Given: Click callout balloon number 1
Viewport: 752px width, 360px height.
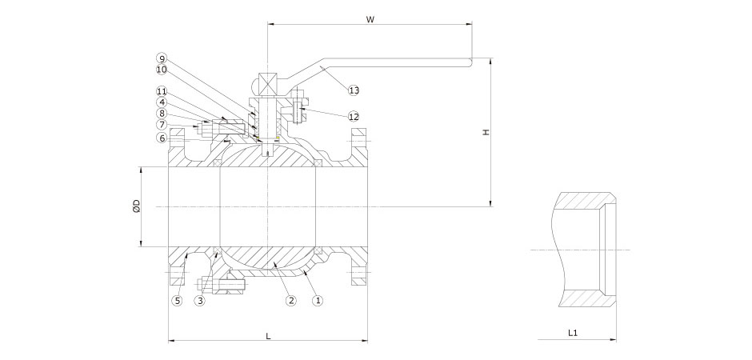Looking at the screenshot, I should pyautogui.click(x=318, y=302).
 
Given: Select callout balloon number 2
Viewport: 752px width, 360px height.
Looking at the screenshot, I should pyautogui.click(x=291, y=302).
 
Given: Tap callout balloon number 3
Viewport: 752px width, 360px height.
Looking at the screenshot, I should pyautogui.click(x=200, y=302).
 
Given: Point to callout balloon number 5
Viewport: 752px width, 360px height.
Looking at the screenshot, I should pyautogui.click(x=178, y=302).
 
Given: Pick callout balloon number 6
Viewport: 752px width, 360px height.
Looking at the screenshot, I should pyautogui.click(x=162, y=138).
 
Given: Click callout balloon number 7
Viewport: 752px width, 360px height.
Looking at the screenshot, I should pyautogui.click(x=162, y=125).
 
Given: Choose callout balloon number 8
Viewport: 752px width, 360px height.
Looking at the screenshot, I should pyautogui.click(x=162, y=114).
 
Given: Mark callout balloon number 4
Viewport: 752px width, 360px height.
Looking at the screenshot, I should pyautogui.click(x=162, y=102).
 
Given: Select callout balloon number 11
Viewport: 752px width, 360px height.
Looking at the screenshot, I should pyautogui.click(x=162, y=91).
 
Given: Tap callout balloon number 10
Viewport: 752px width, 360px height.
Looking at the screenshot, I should pyautogui.click(x=162, y=70).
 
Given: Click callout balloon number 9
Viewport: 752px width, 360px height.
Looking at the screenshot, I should pyautogui.click(x=162, y=58).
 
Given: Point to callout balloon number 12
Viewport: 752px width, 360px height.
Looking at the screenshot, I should pyautogui.click(x=354, y=117).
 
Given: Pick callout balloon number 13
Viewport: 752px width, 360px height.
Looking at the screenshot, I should pyautogui.click(x=354, y=90).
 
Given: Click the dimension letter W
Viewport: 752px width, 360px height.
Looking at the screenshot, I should pyautogui.click(x=370, y=19).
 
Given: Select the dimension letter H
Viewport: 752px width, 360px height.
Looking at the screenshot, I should pyautogui.click(x=485, y=132).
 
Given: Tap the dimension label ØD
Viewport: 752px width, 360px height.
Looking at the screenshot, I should pyautogui.click(x=136, y=206).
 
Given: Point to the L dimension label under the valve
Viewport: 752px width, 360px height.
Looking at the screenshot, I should pyautogui.click(x=267, y=336).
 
